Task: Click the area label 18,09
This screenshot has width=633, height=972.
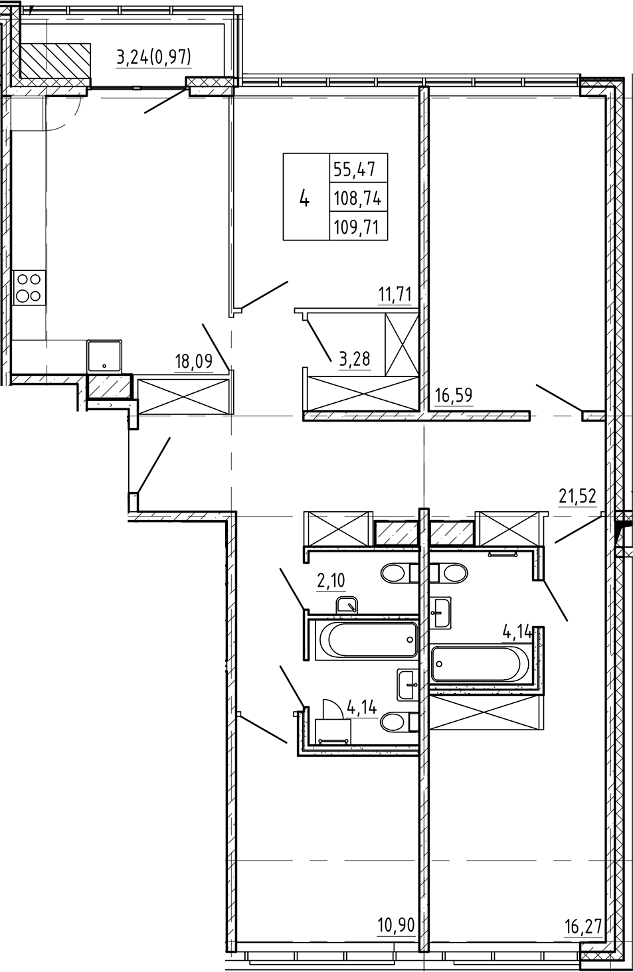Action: click(193, 362)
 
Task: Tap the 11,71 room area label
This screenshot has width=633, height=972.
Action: click(396, 294)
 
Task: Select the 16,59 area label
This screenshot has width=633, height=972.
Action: click(453, 396)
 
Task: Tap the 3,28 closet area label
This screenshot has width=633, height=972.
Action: click(354, 359)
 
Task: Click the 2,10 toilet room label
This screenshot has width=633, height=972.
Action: click(331, 582)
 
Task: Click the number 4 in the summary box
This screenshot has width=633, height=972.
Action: click(305, 197)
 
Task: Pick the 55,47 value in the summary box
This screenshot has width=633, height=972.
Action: click(355, 169)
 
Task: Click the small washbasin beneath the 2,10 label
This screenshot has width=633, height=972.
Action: click(347, 605)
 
